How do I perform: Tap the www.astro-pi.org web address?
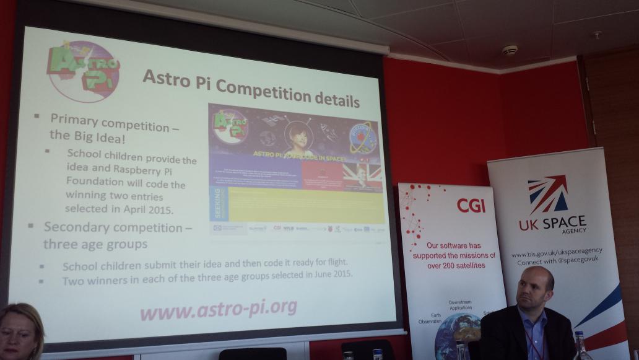pyautogui.click(x=217, y=307)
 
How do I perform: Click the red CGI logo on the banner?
pyautogui.click(x=471, y=205)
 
